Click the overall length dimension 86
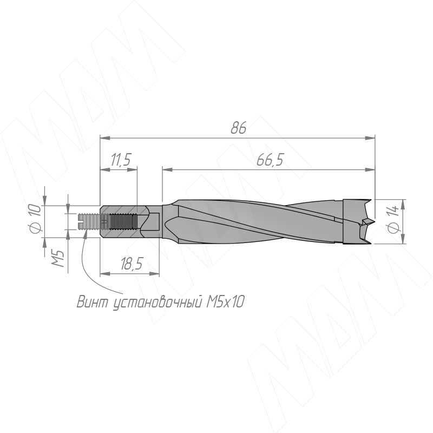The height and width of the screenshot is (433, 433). [x=238, y=128]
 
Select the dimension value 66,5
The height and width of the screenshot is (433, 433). [x=270, y=160]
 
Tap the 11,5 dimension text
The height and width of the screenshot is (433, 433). [x=120, y=160]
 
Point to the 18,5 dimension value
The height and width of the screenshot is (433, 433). [x=132, y=264]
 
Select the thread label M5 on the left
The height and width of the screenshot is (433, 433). [x=59, y=259]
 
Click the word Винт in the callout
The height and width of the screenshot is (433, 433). [x=93, y=301]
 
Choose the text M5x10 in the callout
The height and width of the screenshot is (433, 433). [x=225, y=301]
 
